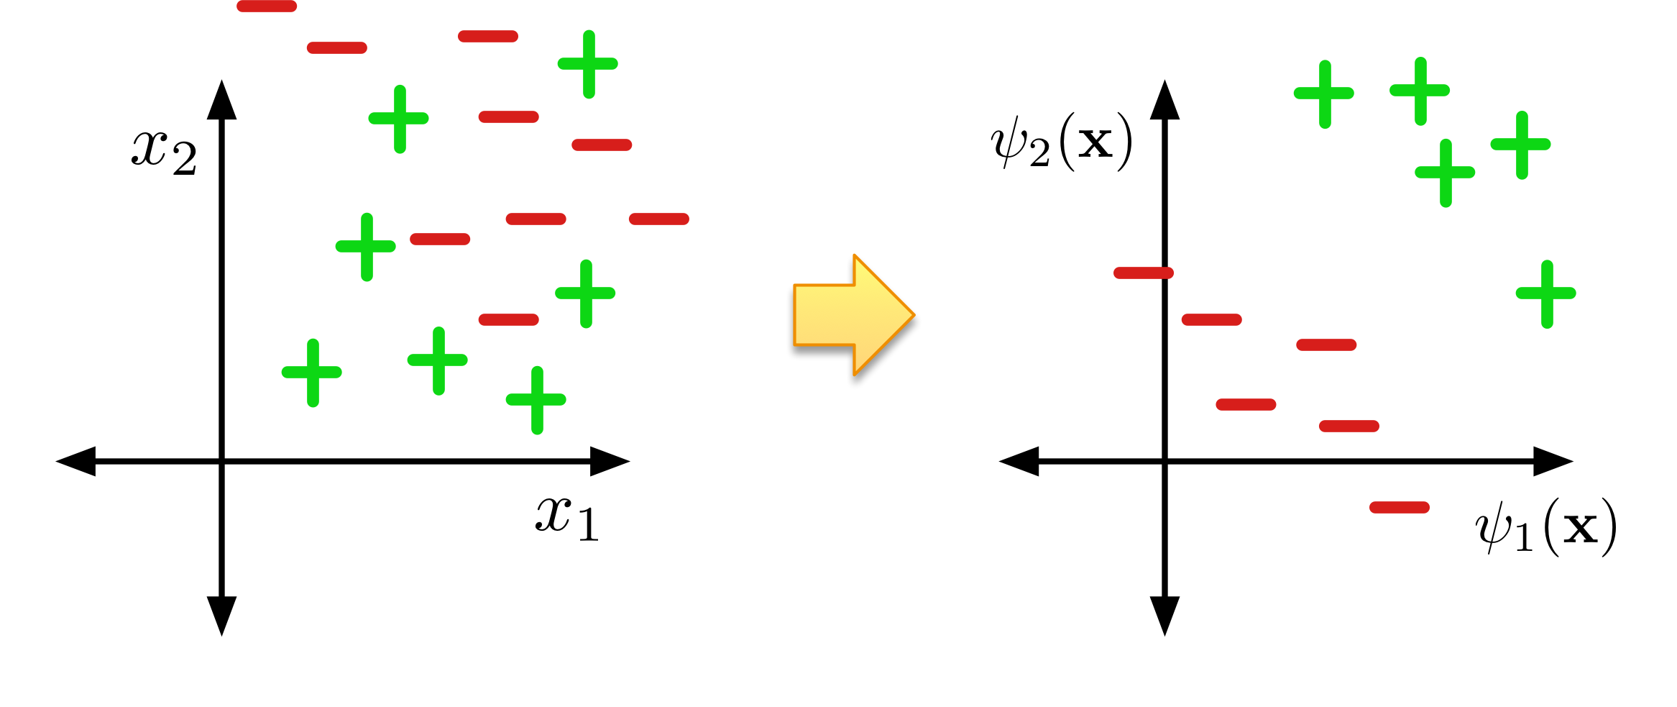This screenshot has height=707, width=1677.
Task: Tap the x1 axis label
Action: click(566, 518)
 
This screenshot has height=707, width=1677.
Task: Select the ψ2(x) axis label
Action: click(1061, 142)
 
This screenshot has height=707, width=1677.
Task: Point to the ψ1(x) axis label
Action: click(1545, 528)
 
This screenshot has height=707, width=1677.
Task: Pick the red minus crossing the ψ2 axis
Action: click(1144, 273)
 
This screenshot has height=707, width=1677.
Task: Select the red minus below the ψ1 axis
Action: click(1399, 508)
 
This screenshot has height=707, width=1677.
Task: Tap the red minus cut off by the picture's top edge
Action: click(267, 6)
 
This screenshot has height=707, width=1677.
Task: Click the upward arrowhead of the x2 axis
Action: click(221, 101)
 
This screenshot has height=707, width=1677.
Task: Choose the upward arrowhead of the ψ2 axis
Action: click(1164, 101)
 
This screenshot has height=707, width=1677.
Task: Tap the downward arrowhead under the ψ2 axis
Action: click(1164, 616)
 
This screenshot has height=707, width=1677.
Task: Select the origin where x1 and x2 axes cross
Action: click(221, 461)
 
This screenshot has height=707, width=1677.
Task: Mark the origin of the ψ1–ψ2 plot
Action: click(1164, 461)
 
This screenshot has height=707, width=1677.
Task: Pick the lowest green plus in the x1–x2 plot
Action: click(536, 400)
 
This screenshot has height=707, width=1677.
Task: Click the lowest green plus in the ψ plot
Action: click(1546, 293)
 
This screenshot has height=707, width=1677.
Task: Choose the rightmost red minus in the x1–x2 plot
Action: click(659, 219)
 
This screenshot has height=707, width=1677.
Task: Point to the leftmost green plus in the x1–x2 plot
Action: click(312, 373)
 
